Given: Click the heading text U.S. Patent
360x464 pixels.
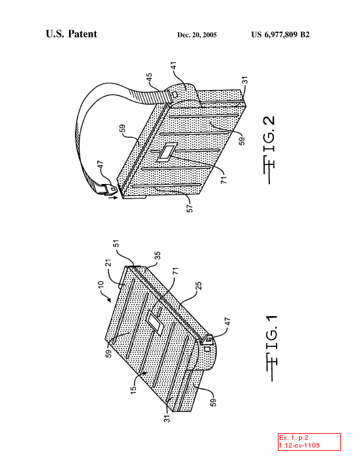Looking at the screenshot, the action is [x=72, y=34].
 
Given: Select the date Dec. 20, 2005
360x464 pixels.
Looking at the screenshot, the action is [x=197, y=35].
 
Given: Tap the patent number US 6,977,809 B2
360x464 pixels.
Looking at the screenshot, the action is [x=281, y=35].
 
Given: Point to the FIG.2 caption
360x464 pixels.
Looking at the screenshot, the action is [x=269, y=150].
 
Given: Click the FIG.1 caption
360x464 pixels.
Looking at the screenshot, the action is [x=271, y=348].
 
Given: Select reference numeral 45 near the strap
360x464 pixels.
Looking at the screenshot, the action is [x=149, y=77].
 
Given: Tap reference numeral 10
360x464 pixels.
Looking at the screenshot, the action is [x=101, y=285].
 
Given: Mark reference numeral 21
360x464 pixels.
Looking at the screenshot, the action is [x=108, y=263].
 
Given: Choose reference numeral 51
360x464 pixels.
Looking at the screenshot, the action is [x=117, y=244].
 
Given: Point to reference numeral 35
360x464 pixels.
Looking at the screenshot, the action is [x=158, y=255].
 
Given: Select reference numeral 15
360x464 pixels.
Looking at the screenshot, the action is [x=134, y=390].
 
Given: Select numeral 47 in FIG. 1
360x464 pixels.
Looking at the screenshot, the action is [x=227, y=321].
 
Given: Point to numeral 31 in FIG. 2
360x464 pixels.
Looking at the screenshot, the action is [x=245, y=80].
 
